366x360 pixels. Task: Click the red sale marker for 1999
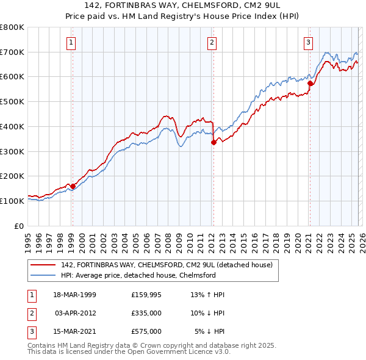pyautogui.click(x=73, y=186)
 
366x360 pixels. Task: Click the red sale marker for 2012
pyautogui.click(x=213, y=142)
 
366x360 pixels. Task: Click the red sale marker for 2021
pyautogui.click(x=310, y=83)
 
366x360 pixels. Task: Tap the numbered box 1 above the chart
pyautogui.click(x=71, y=42)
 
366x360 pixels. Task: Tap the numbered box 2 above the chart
pyautogui.click(x=212, y=42)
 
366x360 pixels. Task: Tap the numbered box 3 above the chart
pyautogui.click(x=308, y=42)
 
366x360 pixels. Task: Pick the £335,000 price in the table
pyautogui.click(x=146, y=313)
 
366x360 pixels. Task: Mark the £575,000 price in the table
pyautogui.click(x=146, y=331)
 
